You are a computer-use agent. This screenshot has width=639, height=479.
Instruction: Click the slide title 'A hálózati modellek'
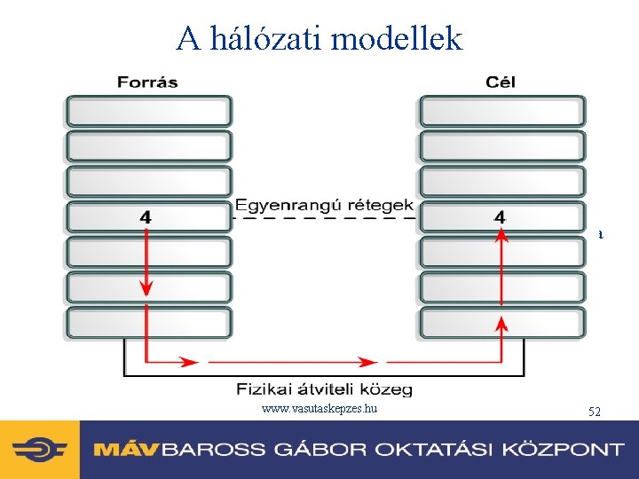coord(319,38)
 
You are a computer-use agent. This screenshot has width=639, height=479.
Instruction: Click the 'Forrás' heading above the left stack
coord(147,82)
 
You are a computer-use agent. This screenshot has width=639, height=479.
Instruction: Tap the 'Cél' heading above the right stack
coord(501,82)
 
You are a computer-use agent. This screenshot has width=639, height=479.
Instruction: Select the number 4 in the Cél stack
coord(501,216)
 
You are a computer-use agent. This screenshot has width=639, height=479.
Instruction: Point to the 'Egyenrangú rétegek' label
coord(324,205)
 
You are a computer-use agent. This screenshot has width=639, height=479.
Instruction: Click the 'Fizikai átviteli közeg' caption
coord(324,389)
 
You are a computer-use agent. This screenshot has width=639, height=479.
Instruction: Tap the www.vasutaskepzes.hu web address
coord(320,409)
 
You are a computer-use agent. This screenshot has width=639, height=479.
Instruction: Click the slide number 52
coord(595,412)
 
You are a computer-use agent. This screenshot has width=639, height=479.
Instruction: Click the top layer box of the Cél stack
coord(502,111)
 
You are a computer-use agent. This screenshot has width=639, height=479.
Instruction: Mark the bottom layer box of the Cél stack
coord(502,322)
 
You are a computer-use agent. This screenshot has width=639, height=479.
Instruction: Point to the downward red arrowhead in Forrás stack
coord(146,290)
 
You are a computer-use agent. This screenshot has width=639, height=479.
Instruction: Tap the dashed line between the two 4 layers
coord(324,217)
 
